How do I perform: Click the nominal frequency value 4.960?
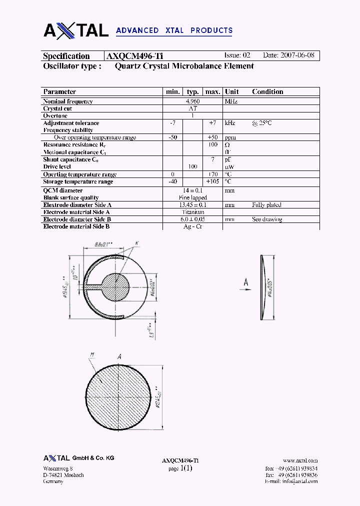coord(192,101)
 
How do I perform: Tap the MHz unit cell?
coord(231,101)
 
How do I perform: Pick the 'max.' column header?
coord(213,91)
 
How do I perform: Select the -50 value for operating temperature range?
coord(173,137)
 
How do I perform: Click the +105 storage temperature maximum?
coord(213,181)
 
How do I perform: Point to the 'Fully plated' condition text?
coord(266,205)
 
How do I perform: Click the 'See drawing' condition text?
coord(267,219)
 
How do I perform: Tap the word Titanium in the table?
coord(193,212)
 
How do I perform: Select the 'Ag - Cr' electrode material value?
coord(192,226)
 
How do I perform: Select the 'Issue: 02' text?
coord(237,55)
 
